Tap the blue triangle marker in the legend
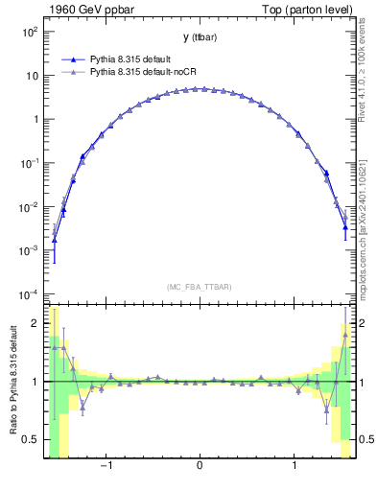coord(72,58)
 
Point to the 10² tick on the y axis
coord(28,31)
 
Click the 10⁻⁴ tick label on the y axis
coord(28,294)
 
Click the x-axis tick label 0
coord(199,467)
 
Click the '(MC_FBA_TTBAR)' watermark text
coord(199,287)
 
